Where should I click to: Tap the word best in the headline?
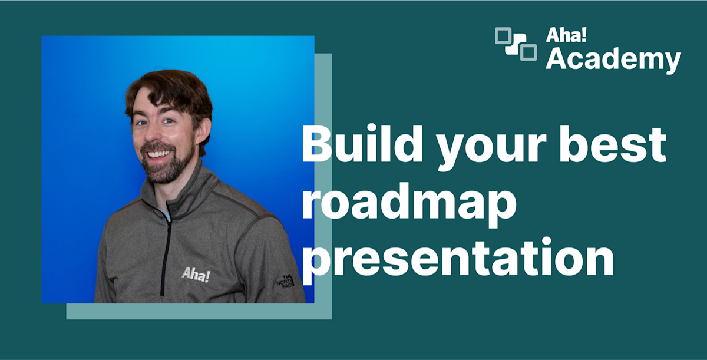coord(613,144)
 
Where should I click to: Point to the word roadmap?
coord(409,202)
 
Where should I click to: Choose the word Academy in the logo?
coord(613,60)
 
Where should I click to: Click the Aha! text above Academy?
coord(566,35)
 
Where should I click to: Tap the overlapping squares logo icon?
coord(516,44)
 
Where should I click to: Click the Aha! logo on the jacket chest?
coord(196,275)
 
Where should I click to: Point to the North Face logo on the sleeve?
coord(285,282)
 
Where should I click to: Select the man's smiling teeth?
coord(158,154)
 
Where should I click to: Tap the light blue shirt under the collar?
coord(166,214)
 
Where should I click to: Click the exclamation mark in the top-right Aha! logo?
coord(584,35)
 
